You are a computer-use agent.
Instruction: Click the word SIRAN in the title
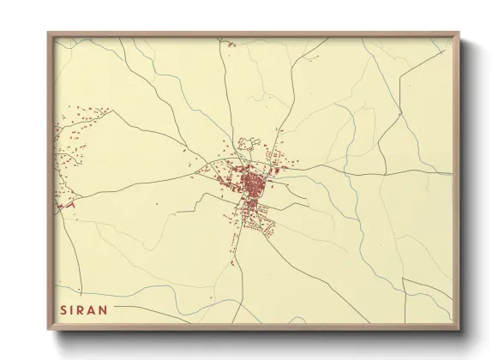pos(85,309)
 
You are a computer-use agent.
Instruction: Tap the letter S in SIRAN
pos(63,309)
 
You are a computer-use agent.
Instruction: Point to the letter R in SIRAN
pos(83,309)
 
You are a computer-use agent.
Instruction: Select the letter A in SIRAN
pos(94,309)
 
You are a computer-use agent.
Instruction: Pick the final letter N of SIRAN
pos(106,309)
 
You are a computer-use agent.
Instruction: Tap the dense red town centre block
pos(253,184)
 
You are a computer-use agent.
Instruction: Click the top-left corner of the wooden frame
pos(49,33)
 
